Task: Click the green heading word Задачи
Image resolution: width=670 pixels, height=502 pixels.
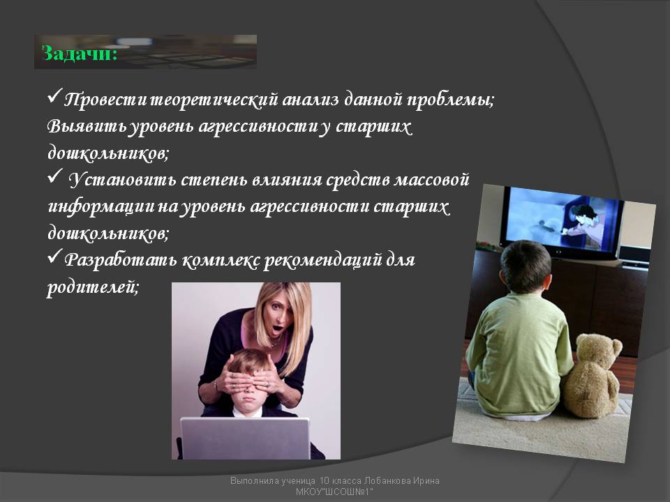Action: pyautogui.click(x=80, y=54)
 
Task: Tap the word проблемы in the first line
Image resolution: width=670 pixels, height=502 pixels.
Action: pyautogui.click(x=450, y=100)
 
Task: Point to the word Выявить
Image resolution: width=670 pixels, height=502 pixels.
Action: pyautogui.click(x=87, y=127)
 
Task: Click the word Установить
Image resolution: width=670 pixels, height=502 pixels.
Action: pyautogui.click(x=123, y=180)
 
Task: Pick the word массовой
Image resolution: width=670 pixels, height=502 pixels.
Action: pyautogui.click(x=431, y=180)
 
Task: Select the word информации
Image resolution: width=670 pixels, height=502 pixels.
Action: pyautogui.click(x=101, y=207)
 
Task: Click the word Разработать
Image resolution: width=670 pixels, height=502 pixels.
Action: pyautogui.click(x=120, y=259)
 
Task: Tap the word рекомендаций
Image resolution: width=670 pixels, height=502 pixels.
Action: pyautogui.click(x=322, y=260)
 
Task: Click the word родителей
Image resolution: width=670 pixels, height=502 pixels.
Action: pyautogui.click(x=92, y=287)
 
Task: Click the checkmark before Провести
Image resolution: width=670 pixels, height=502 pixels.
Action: pyautogui.click(x=54, y=96)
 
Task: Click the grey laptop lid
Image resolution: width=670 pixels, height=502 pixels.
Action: pyautogui.click(x=245, y=439)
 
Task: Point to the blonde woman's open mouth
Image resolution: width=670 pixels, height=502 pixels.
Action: pyautogui.click(x=278, y=329)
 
